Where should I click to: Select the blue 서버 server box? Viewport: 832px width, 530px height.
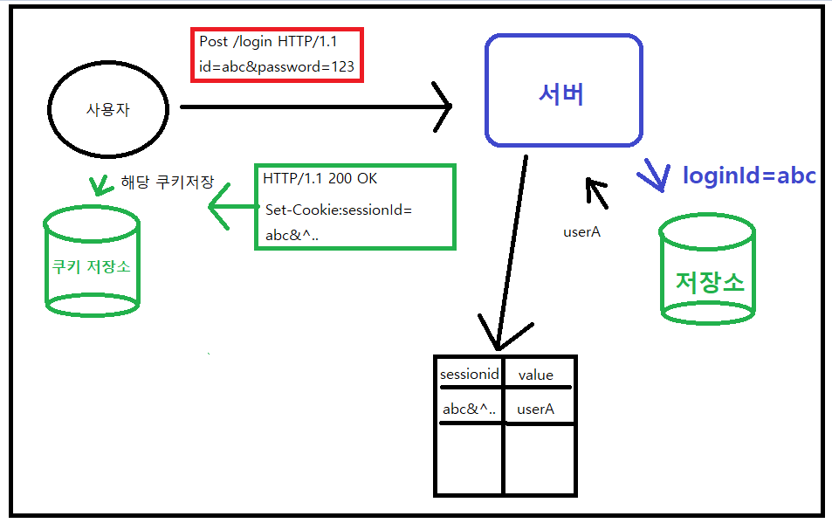(563, 90)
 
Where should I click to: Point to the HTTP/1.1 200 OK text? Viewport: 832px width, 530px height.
(320, 178)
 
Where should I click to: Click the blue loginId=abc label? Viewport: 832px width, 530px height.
(748, 176)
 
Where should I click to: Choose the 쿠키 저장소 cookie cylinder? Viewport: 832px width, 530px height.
(91, 261)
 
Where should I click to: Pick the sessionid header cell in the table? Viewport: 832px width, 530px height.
(469, 374)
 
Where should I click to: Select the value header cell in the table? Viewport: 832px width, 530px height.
(535, 375)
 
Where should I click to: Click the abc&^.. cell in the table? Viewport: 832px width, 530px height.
(470, 409)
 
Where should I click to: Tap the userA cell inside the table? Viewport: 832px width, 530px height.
(535, 409)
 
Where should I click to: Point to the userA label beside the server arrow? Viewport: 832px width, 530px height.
(583, 232)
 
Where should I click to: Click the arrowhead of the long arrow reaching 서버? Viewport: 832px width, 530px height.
(443, 107)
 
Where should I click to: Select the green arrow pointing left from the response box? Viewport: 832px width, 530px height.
(223, 208)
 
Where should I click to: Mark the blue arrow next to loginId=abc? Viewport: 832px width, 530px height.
(654, 174)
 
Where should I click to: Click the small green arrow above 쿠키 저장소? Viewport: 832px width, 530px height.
(94, 184)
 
